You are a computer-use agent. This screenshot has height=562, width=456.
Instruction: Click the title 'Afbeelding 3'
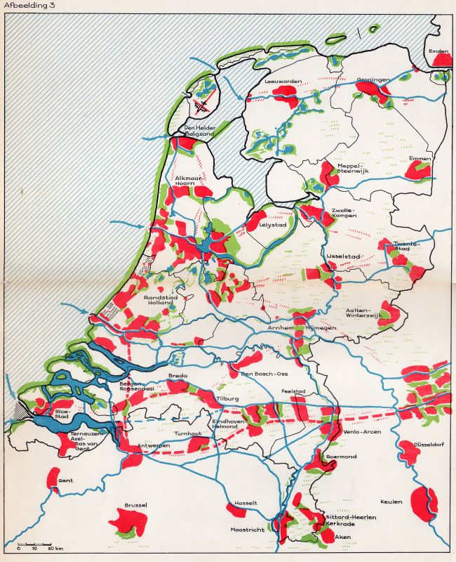click(x=27, y=7)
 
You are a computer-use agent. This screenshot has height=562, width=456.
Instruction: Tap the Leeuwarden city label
click(x=283, y=81)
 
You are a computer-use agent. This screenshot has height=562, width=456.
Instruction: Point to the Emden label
click(x=438, y=51)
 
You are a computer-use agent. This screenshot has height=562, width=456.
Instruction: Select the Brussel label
click(x=135, y=505)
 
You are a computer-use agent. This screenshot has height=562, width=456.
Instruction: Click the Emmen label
click(x=420, y=157)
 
